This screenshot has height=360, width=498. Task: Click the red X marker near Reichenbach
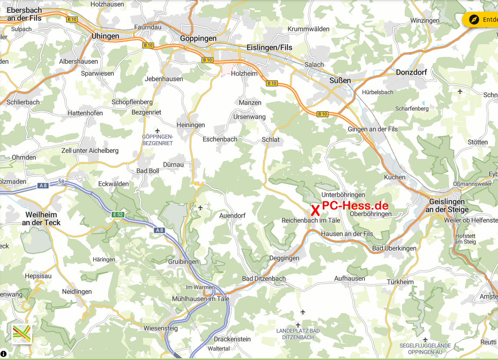pos(315,211)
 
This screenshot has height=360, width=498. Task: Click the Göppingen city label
pos(198,38)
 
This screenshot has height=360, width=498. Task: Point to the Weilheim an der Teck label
pos(43,219)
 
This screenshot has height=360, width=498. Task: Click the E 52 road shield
pos(118,214)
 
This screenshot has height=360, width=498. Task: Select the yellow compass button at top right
pos(474,20)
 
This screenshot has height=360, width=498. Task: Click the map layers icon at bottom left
pos(22,334)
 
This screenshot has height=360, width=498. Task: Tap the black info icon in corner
pos(3,353)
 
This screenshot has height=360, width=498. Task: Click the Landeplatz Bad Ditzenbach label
pos(298,334)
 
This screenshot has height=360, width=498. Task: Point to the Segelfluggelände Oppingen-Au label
pos(425,349)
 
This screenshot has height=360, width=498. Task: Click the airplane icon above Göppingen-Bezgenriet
pos(157,131)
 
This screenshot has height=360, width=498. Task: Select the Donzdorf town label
pos(411,72)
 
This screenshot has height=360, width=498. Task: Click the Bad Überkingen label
pos(394,248)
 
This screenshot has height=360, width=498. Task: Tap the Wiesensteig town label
pos(160,328)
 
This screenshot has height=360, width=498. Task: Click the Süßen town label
pos(340,80)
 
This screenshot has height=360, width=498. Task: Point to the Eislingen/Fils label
pos(269,47)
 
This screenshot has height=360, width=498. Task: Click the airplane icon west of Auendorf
pos(200,208)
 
